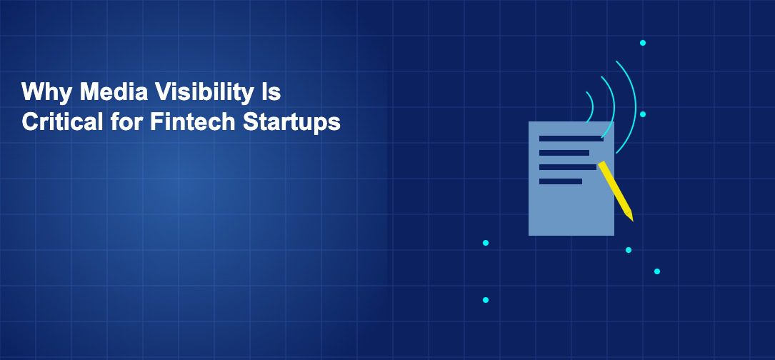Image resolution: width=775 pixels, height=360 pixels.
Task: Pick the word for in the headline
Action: click(x=126, y=121)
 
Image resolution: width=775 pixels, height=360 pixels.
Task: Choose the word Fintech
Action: click(x=192, y=121)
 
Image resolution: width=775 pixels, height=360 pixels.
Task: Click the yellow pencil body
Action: click(x=615, y=188)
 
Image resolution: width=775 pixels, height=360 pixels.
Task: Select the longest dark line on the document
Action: click(x=571, y=139)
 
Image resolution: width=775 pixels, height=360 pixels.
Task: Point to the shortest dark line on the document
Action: click(x=561, y=181)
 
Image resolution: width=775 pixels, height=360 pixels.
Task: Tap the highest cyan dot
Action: click(x=643, y=43)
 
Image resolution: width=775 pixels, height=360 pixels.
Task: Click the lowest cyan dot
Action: click(x=486, y=300)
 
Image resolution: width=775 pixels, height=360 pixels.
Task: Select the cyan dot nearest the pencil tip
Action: click(x=628, y=250)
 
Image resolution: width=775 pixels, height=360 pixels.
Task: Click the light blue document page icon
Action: click(x=571, y=198)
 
